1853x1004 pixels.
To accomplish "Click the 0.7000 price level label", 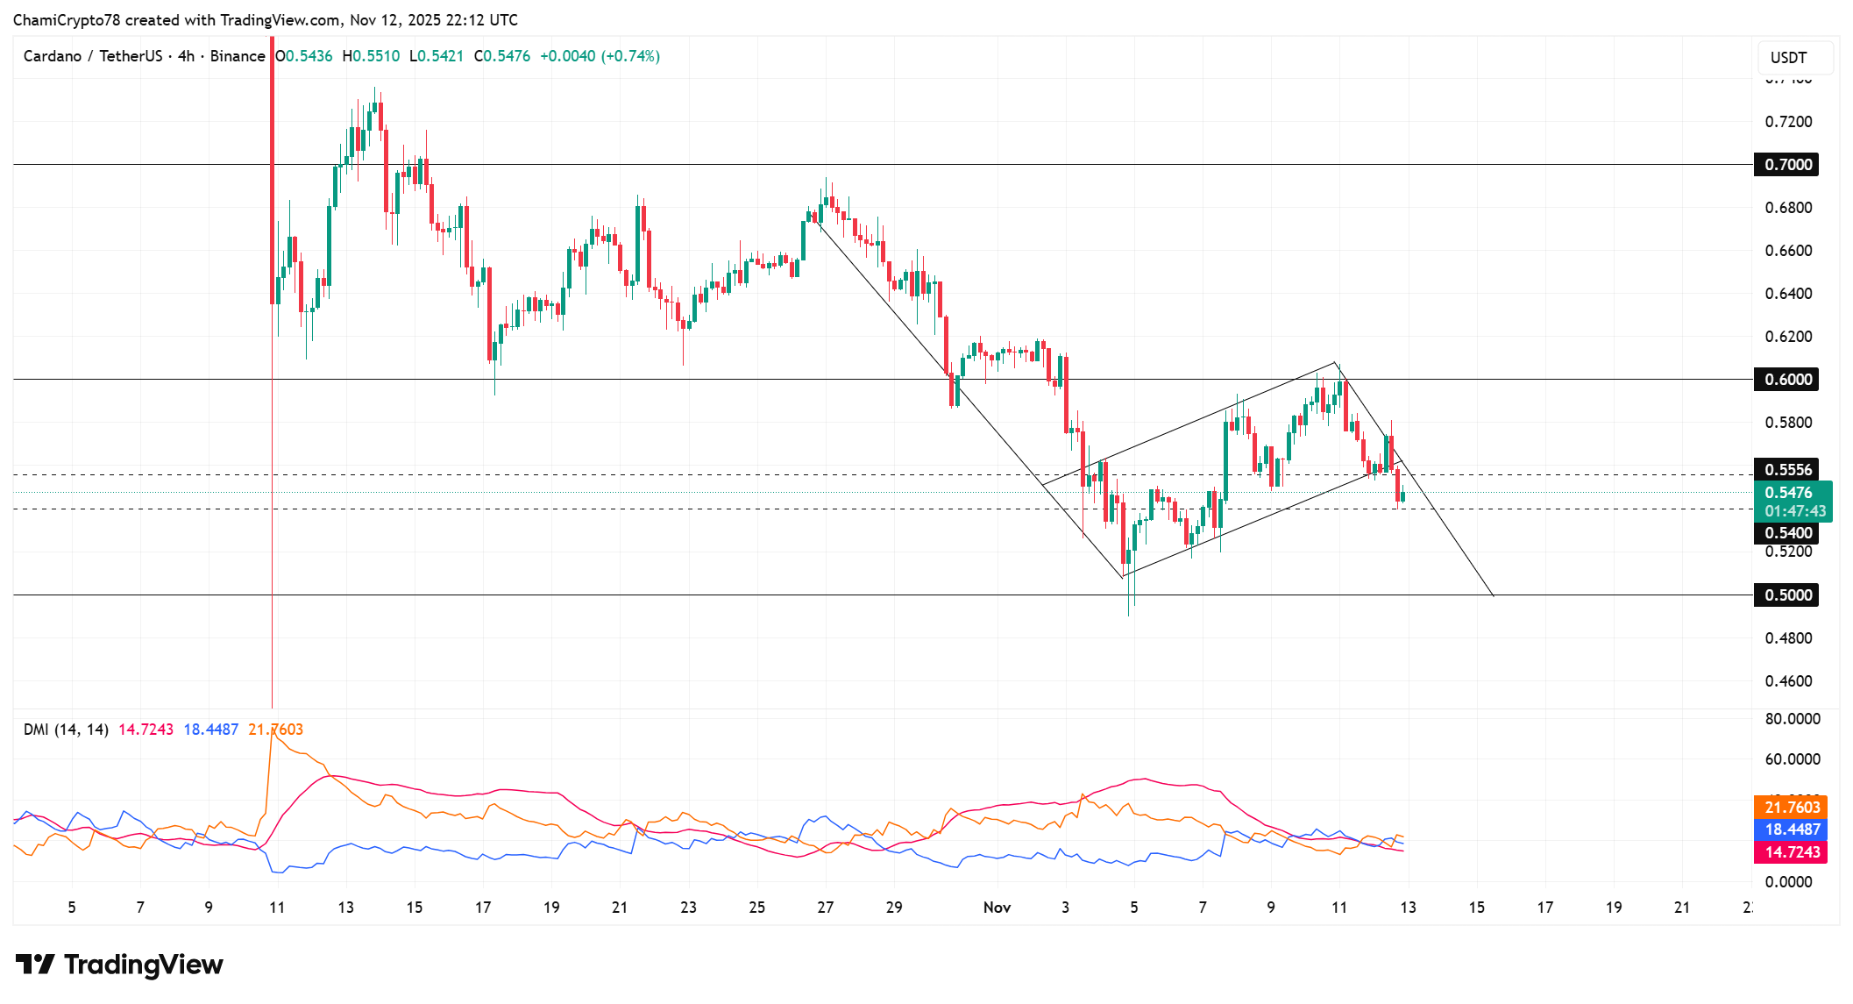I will coord(1786,165).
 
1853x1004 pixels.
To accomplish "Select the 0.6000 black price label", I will coord(1786,380).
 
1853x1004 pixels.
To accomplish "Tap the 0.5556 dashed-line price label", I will coord(1786,470).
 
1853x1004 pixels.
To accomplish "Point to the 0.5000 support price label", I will coord(1786,595).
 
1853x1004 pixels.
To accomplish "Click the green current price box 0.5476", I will coord(1793,502).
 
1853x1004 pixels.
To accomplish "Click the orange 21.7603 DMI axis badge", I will coord(1791,808).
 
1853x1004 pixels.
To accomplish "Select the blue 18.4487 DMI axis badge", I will coord(1791,830).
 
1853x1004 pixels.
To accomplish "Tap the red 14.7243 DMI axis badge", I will coord(1791,852).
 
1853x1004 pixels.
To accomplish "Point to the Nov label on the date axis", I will coord(997,908).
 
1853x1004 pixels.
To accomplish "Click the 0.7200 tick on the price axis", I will coord(1788,122).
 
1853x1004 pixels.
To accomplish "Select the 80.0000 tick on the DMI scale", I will coord(1792,719).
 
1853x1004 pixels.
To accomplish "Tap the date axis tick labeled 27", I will coord(825,908).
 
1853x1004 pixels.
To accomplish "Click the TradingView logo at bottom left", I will coord(119,965).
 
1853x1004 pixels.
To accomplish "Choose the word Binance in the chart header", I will coord(238,56).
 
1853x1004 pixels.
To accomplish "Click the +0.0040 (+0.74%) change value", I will coord(600,56).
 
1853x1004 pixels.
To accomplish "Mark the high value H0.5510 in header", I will coord(371,56).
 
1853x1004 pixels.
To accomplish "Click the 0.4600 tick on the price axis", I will coord(1788,681).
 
